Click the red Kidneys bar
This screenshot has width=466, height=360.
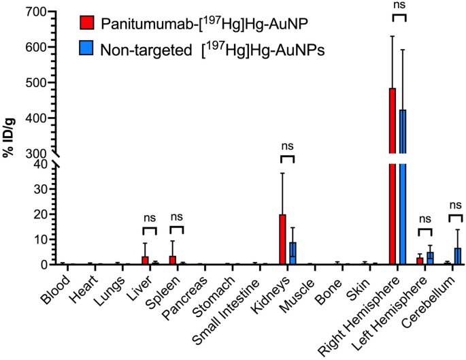(282, 240)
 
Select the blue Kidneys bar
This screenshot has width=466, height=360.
(293, 253)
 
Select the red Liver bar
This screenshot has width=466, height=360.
(144, 260)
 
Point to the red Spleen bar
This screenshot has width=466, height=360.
(172, 260)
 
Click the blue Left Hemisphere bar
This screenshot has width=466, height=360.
(430, 258)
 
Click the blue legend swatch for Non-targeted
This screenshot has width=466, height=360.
(87, 49)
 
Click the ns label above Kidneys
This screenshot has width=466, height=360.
(287, 145)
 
